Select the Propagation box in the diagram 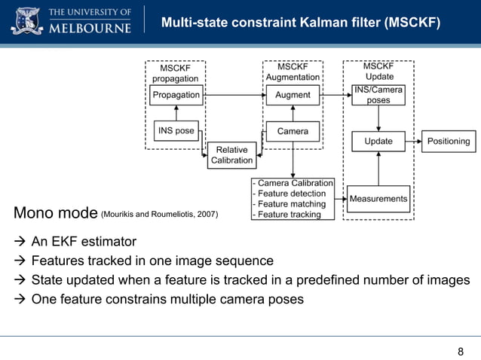pos(176,95)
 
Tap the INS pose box pos(176,130)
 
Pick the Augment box pos(293,95)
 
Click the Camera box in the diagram pos(293,131)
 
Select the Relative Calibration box pos(231,155)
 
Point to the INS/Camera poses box pos(378,95)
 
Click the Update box pos(378,141)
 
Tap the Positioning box pos(449,141)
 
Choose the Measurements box pos(378,199)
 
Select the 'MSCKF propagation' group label pos(176,73)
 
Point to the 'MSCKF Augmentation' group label pos(293,72)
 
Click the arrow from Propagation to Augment pos(234,95)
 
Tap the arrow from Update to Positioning pos(413,141)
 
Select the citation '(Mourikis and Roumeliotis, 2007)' pos(159,215)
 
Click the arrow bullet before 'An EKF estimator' pos(19,242)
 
